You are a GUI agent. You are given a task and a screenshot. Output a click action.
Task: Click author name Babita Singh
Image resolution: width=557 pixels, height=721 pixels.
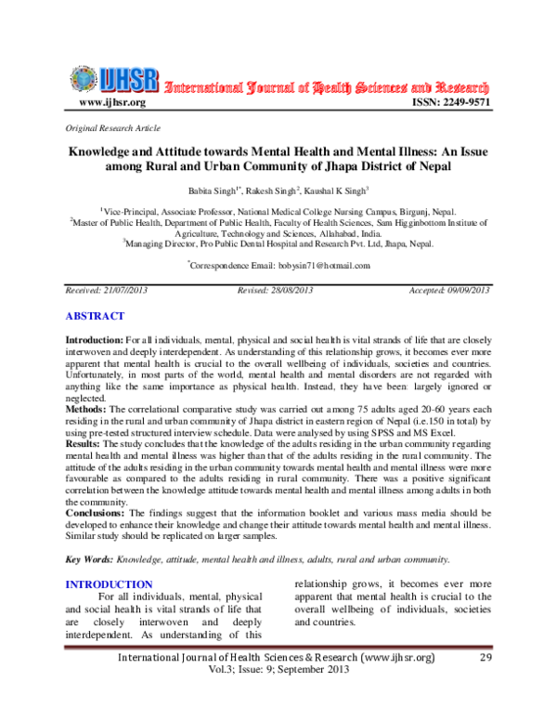212,191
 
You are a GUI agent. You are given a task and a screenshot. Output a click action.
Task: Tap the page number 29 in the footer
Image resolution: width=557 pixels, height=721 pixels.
484,684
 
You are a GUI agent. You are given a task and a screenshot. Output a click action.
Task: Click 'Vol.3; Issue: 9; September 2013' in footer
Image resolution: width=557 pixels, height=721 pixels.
278,699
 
